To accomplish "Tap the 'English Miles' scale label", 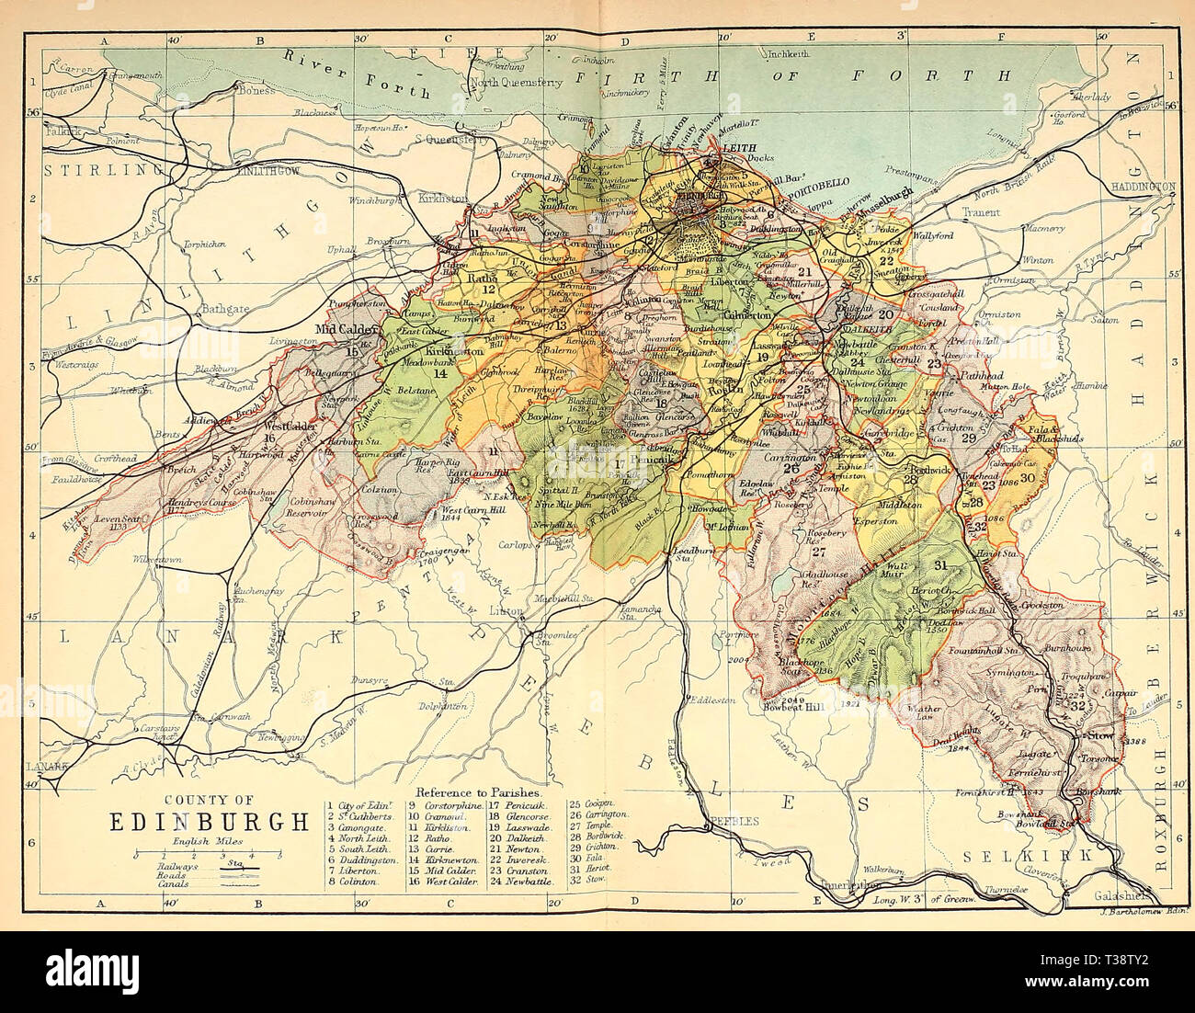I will click(x=208, y=840).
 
